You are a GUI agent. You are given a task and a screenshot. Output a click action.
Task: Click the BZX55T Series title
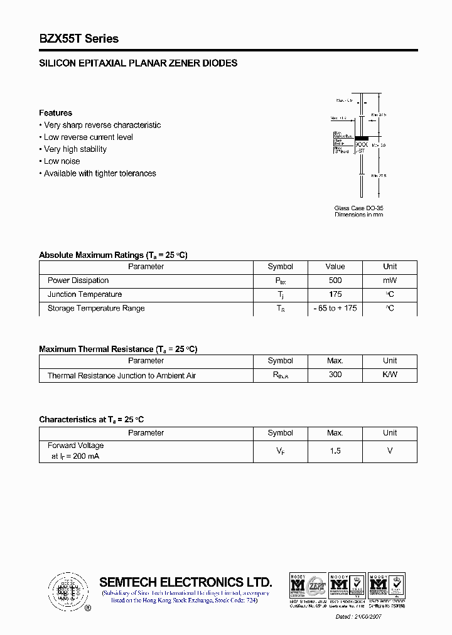click(x=78, y=39)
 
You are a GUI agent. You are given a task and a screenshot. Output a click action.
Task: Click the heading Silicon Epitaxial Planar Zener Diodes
click(x=138, y=63)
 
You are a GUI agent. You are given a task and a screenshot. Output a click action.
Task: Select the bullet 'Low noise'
click(x=62, y=161)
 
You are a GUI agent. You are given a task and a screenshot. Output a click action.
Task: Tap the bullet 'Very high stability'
click(x=75, y=149)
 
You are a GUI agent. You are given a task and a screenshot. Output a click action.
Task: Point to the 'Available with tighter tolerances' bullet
click(x=99, y=173)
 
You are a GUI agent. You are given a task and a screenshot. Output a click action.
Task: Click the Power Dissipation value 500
click(x=335, y=280)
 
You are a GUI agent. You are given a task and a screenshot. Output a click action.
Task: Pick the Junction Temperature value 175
click(x=335, y=294)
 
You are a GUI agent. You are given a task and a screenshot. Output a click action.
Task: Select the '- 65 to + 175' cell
click(x=335, y=308)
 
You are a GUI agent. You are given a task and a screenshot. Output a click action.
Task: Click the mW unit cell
click(x=390, y=280)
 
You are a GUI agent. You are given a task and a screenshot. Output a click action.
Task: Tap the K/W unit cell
click(x=390, y=375)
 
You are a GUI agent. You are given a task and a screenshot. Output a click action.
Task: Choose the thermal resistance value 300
click(x=335, y=375)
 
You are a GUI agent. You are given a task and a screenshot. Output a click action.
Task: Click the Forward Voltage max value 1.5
click(x=335, y=451)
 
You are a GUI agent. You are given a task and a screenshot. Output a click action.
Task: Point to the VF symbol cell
click(x=280, y=451)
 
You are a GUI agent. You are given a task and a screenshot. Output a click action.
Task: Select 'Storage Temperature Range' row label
click(x=96, y=308)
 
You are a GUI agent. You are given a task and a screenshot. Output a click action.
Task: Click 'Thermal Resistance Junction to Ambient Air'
click(x=122, y=375)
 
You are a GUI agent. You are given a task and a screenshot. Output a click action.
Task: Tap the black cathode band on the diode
click(x=362, y=137)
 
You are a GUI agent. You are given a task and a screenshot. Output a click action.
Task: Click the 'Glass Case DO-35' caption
click(x=358, y=208)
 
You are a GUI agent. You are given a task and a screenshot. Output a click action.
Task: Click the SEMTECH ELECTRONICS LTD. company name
click(x=185, y=582)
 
